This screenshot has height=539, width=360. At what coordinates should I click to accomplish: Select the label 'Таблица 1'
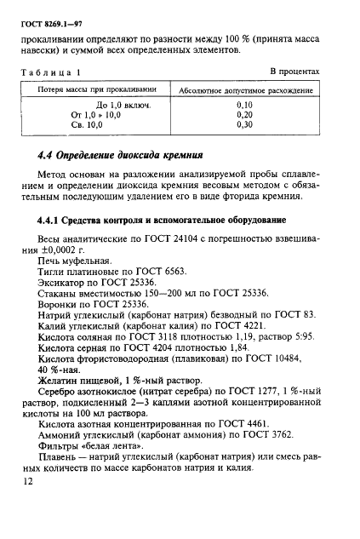click(x=50, y=72)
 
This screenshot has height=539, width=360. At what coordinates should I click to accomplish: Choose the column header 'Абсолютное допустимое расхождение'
click(x=243, y=89)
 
